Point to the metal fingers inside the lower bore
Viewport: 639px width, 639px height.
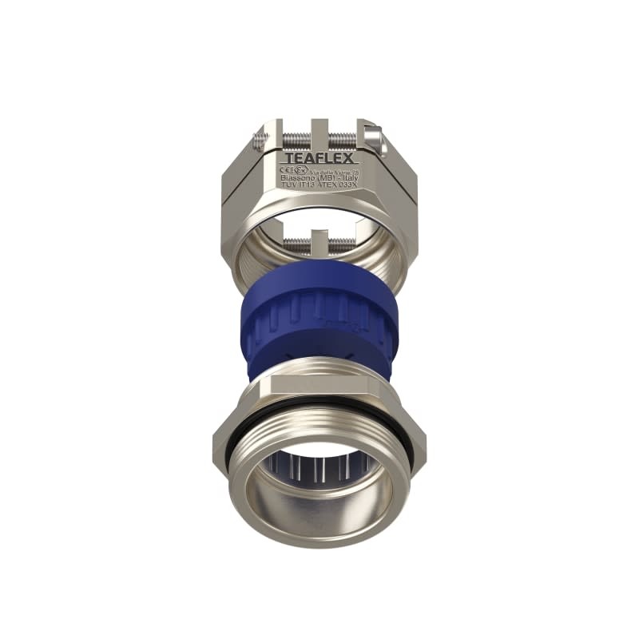pos(319,463)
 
